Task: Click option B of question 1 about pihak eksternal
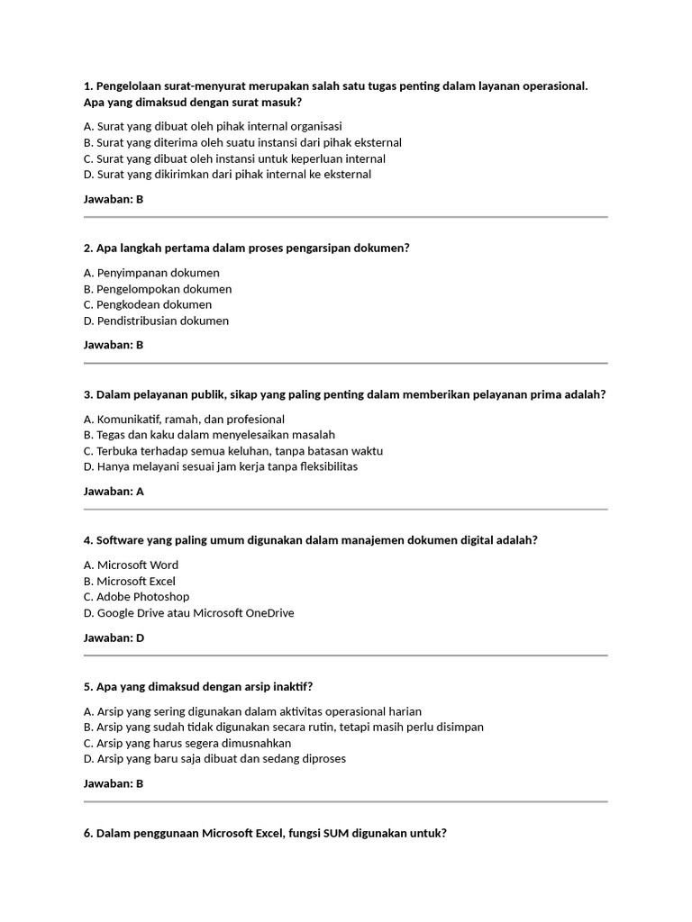click(242, 142)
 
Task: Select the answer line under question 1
click(114, 199)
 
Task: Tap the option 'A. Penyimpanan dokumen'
click(151, 273)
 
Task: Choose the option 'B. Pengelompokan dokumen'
click(158, 289)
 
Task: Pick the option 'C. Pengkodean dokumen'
click(148, 304)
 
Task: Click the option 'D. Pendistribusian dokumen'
click(156, 321)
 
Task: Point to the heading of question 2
click(246, 248)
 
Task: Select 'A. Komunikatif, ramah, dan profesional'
click(184, 419)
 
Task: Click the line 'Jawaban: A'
click(114, 492)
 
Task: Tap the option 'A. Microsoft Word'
click(131, 565)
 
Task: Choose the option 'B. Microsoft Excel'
click(130, 581)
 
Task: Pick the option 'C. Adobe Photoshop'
click(136, 596)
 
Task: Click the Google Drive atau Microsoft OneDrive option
click(189, 612)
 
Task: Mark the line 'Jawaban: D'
click(114, 637)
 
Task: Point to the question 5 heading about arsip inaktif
click(198, 686)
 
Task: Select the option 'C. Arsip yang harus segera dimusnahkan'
click(187, 743)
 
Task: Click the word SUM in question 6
click(337, 833)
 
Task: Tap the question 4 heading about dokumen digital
click(311, 539)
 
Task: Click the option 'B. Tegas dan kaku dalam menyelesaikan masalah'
click(209, 435)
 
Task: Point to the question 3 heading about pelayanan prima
click(344, 394)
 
